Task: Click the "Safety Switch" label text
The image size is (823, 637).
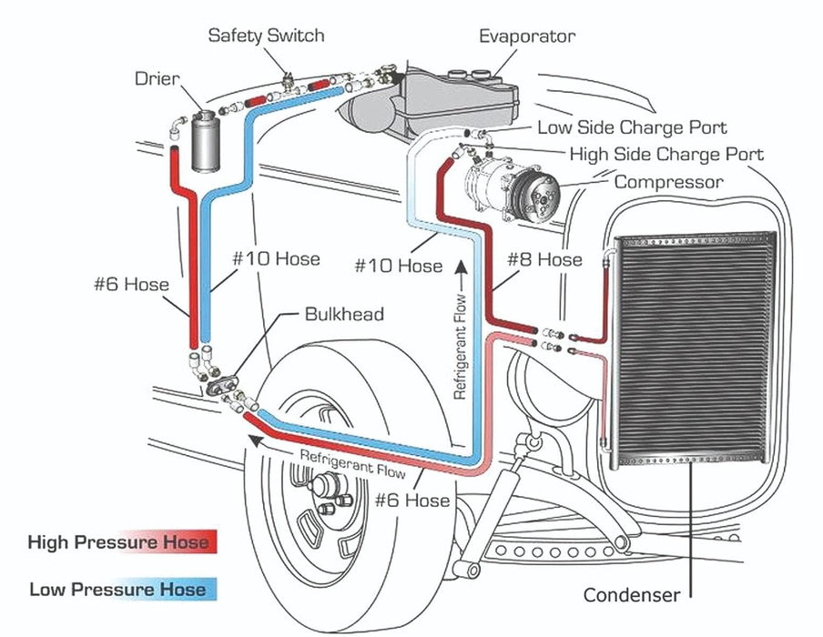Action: [x=266, y=35]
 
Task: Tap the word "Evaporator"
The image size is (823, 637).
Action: [x=527, y=36]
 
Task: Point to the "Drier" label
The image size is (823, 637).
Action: [x=157, y=78]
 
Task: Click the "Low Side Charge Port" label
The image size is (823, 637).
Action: [x=632, y=128]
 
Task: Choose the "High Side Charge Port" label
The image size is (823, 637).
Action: [x=666, y=154]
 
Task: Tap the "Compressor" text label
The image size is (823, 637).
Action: [x=668, y=182]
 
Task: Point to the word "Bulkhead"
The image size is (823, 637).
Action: [x=343, y=314]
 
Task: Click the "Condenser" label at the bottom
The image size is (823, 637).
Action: [x=631, y=595]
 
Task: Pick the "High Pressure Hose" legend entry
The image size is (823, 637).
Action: [x=118, y=543]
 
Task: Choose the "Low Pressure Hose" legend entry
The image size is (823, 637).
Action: [x=118, y=589]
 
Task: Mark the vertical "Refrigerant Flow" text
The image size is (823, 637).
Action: [x=462, y=346]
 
